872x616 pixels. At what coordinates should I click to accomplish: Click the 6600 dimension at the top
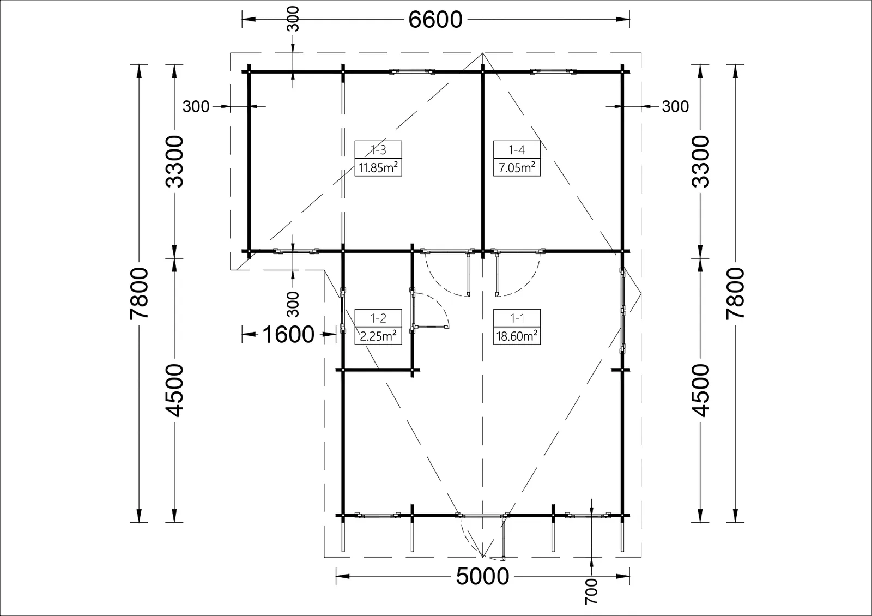tap(435, 20)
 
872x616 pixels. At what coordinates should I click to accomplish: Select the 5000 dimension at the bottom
tap(482, 576)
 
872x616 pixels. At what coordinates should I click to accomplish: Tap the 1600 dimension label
tap(288, 335)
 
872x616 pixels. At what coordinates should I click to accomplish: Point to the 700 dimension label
tap(591, 591)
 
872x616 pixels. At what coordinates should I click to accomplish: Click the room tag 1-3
tap(378, 149)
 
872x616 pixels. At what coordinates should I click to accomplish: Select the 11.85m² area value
tap(378, 168)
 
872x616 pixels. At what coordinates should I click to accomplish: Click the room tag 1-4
tap(517, 149)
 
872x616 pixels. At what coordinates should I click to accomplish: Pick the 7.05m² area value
tap(517, 168)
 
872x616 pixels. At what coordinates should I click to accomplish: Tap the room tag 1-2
tap(378, 318)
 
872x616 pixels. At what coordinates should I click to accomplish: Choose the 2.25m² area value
tap(378, 336)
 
